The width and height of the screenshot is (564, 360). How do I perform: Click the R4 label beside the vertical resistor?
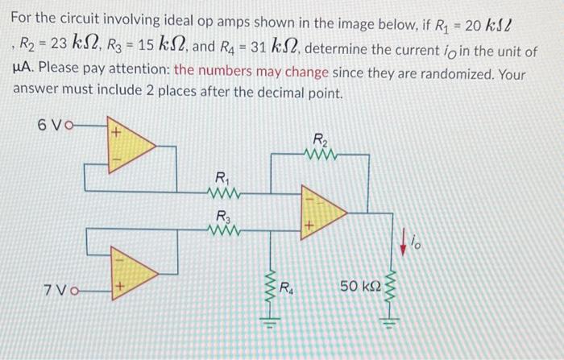click(x=287, y=286)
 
